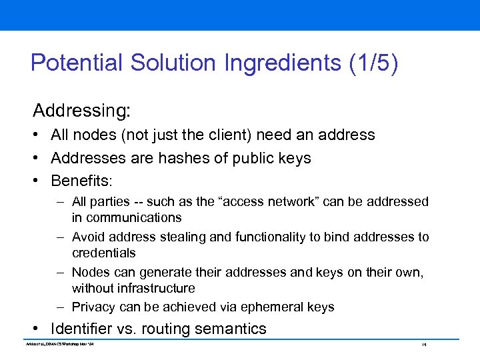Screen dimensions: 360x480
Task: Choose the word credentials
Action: (x=103, y=253)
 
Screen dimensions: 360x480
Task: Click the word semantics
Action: (x=233, y=329)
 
